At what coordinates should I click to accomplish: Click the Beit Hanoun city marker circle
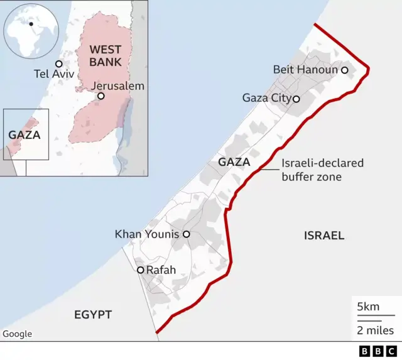344,70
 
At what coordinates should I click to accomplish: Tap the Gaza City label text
266,98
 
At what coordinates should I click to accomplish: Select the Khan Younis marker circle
186,234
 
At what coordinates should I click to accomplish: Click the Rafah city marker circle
141,270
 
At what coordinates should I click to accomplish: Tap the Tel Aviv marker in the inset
59,63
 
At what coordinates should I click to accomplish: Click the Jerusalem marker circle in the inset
100,96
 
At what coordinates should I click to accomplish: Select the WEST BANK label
106,55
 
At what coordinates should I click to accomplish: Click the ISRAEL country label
324,236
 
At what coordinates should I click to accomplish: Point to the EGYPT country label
92,314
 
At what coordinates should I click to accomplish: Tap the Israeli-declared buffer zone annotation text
322,170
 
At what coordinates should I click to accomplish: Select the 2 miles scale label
375,330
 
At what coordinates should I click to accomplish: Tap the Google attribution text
17,334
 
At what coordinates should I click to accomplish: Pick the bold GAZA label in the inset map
24,134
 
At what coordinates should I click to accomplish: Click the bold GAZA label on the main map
234,162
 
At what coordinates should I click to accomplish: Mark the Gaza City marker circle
296,99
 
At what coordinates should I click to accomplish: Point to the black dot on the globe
31,24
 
